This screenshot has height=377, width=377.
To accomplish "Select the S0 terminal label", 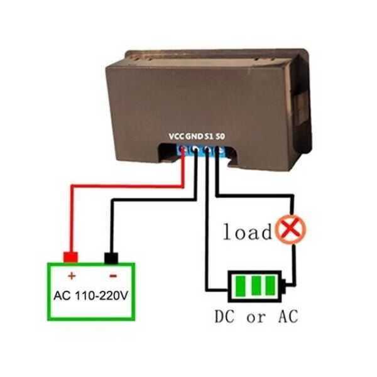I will tap(220, 136).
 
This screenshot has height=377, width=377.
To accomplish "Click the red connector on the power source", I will tap(70, 256).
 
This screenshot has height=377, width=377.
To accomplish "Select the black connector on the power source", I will tap(112, 257).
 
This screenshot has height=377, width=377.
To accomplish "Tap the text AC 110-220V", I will tap(91, 295).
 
